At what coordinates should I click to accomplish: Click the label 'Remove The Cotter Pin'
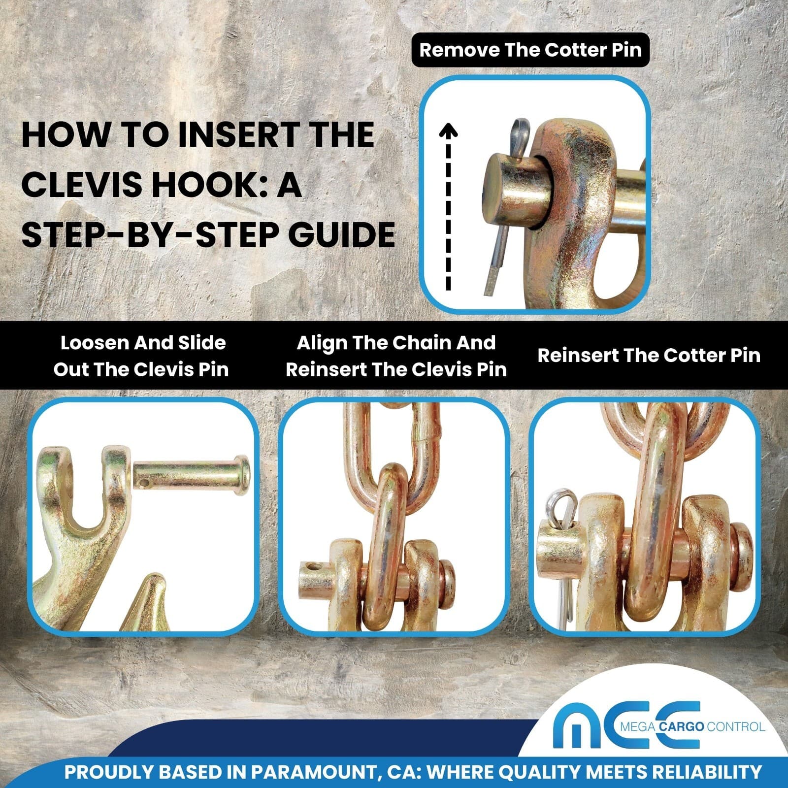(x=530, y=50)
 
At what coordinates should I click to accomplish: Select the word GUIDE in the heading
(x=341, y=234)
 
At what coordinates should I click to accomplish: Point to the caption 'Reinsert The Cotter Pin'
(x=649, y=355)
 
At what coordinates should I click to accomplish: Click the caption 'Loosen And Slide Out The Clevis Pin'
(x=141, y=356)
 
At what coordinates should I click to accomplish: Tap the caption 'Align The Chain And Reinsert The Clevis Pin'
(x=396, y=356)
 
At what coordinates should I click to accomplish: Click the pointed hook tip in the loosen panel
(x=157, y=576)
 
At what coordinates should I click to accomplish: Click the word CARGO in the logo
(x=681, y=726)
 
